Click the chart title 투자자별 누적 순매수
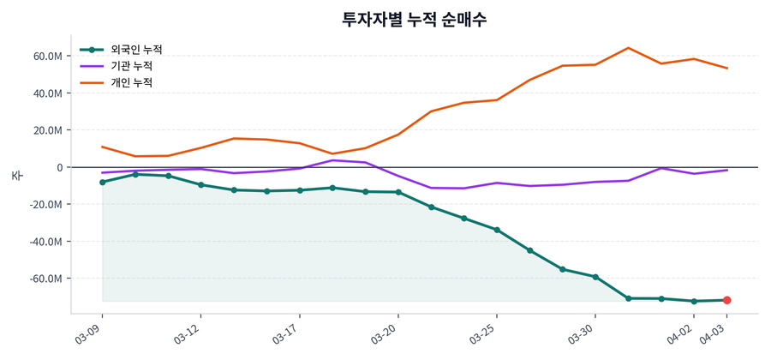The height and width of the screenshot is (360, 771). pyautogui.click(x=414, y=20)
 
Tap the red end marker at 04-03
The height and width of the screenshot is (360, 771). pyautogui.click(x=726, y=300)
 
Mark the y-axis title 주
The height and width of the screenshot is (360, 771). pyautogui.click(x=16, y=175)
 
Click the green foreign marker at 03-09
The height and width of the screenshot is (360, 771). pyautogui.click(x=103, y=182)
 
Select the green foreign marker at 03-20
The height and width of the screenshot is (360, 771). pyautogui.click(x=398, y=192)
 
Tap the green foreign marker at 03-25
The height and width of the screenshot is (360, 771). pyautogui.click(x=497, y=230)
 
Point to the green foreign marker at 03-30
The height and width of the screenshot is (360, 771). pyautogui.click(x=595, y=277)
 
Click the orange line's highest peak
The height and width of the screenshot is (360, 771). pyautogui.click(x=628, y=48)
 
